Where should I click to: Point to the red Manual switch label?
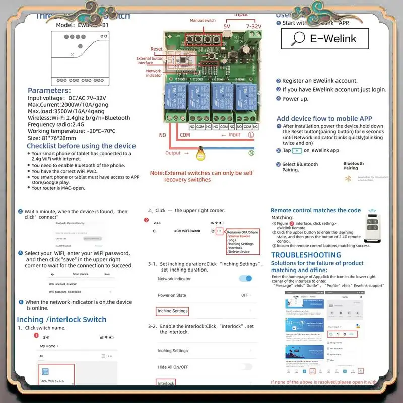point(203,21)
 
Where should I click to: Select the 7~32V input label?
point(253,26)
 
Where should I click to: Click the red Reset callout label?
point(156,49)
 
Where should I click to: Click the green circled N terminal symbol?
point(251,153)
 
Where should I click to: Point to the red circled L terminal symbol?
point(250,135)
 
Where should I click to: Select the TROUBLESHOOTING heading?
point(306,255)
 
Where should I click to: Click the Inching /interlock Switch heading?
point(61,319)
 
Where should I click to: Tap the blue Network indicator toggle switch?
point(245,278)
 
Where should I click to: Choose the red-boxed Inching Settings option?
point(172,311)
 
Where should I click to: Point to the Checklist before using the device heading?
point(81,146)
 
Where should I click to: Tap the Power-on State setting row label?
point(172,295)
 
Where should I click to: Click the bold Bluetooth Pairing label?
point(354,165)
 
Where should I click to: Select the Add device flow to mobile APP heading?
point(324,119)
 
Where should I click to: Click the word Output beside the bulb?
point(173,153)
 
